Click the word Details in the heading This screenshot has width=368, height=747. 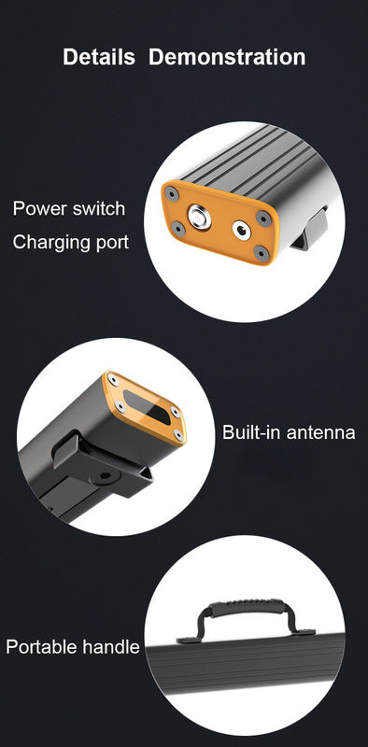[99, 57]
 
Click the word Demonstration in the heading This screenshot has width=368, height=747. [227, 57]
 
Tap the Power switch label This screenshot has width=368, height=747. [69, 208]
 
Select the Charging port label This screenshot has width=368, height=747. [71, 242]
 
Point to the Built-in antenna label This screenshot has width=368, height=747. [289, 432]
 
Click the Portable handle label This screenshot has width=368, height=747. [73, 647]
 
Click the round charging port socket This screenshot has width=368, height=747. [242, 231]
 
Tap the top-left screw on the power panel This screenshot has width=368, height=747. [172, 194]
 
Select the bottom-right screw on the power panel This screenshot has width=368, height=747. [262, 252]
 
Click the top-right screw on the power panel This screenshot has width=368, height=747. [263, 218]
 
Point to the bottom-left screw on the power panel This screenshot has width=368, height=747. [178, 229]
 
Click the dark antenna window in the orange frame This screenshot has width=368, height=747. [149, 406]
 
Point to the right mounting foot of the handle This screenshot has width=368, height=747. [304, 633]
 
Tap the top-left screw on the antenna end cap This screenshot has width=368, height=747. [112, 380]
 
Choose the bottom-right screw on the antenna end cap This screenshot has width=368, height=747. [178, 434]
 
